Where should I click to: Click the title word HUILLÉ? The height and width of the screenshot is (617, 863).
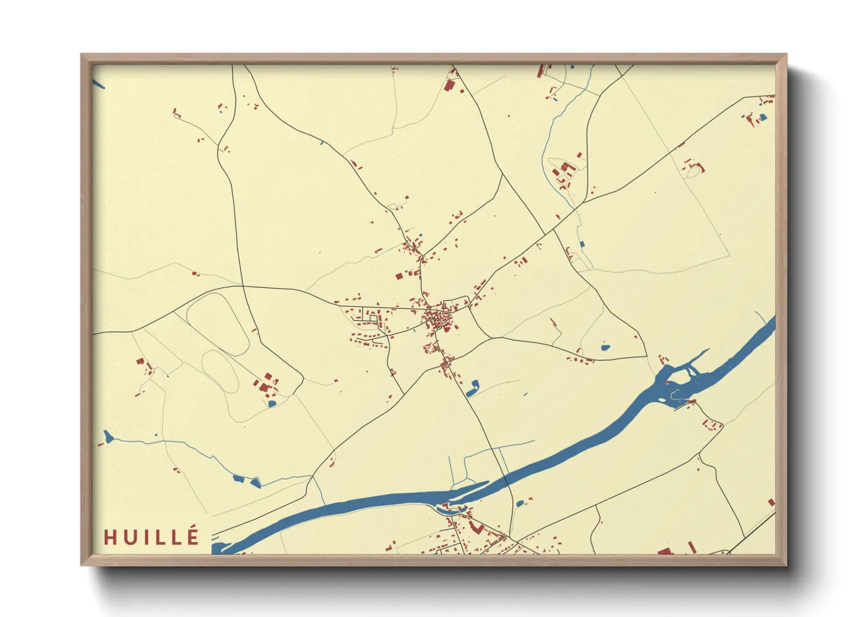coord(152,537)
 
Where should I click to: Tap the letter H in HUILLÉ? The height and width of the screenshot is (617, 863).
coord(109,537)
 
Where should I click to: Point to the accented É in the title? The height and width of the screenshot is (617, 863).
coord(193,536)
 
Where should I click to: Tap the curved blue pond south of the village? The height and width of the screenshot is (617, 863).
coord(473,388)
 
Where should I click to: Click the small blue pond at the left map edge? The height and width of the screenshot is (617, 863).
coord(108,436)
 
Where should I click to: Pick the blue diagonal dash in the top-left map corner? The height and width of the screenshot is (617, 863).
coord(99,85)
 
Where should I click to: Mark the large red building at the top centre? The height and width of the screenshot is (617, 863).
coord(449,86)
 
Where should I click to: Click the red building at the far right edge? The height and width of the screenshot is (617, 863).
coord(771,502)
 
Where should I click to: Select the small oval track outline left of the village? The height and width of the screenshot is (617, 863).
coord(220,371)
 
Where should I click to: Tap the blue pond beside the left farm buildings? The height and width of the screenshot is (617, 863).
coord(271,403)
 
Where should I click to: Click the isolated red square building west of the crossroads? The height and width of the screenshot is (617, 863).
coord(399,276)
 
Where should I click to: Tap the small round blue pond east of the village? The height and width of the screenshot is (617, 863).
coord(605,348)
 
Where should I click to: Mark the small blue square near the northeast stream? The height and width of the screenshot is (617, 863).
coord(581,244)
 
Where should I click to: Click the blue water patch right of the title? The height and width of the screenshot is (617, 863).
coord(220,547)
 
